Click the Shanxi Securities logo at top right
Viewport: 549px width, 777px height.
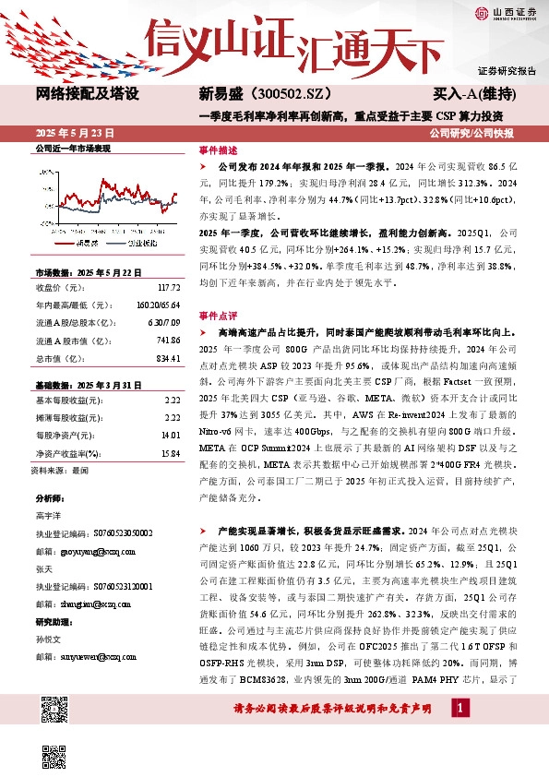[505, 12]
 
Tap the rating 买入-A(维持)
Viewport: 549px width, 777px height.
[474, 94]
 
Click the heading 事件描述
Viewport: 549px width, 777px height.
[218, 149]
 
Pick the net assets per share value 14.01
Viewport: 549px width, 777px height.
[169, 433]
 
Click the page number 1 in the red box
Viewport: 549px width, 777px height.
[461, 708]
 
